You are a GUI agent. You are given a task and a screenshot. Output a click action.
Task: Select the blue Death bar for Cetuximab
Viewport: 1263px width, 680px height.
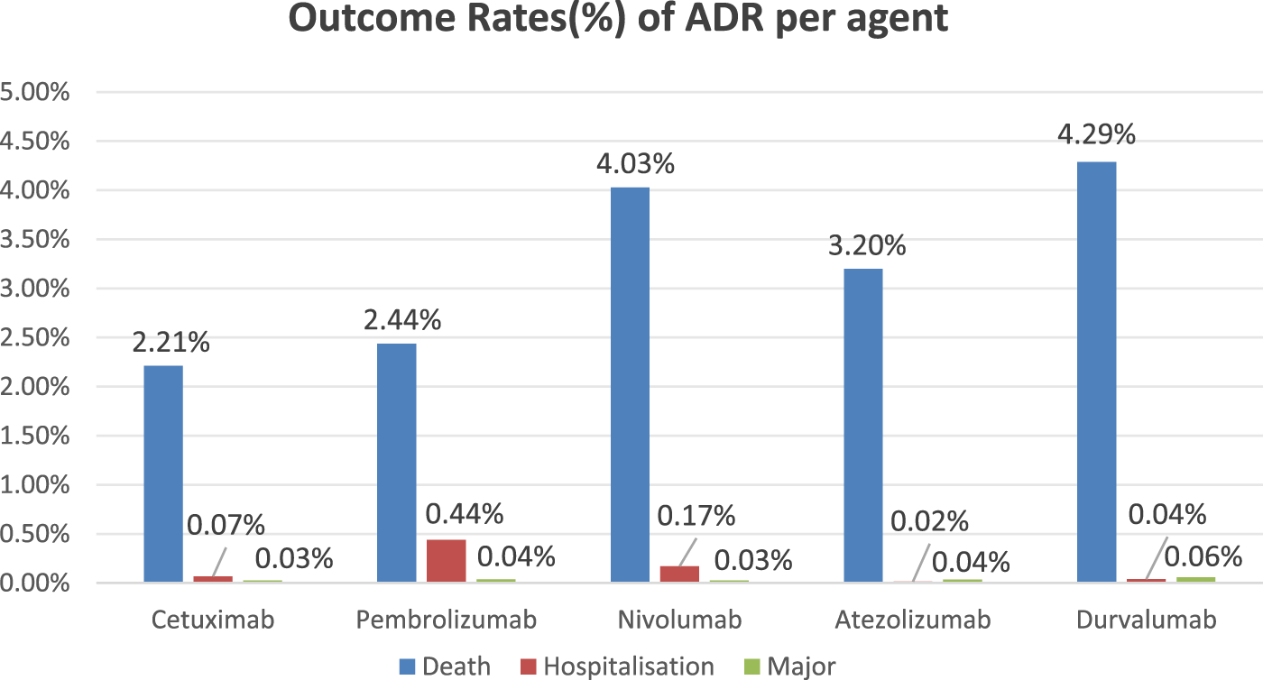coord(163,473)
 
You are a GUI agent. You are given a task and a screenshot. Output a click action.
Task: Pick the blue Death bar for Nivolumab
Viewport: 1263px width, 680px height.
coord(630,384)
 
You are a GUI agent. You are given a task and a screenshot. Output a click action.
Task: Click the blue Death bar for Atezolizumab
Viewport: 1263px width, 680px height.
coord(863,425)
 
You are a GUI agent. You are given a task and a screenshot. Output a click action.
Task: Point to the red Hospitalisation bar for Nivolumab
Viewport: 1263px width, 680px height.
coord(679,574)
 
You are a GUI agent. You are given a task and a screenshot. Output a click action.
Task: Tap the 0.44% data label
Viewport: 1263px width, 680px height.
coord(464,514)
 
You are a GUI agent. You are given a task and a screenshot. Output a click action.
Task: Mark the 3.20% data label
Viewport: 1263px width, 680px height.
coord(867,245)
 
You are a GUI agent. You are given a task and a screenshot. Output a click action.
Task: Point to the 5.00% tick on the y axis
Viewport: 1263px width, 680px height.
coord(37,93)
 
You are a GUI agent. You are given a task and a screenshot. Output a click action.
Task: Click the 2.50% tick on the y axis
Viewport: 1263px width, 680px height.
coord(37,338)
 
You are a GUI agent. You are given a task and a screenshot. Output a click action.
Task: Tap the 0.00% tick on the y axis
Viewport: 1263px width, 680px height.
coord(37,584)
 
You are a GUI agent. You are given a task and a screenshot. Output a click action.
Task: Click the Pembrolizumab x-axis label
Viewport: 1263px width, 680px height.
coord(446,620)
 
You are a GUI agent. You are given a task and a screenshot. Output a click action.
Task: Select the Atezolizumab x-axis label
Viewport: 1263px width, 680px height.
coord(912,620)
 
